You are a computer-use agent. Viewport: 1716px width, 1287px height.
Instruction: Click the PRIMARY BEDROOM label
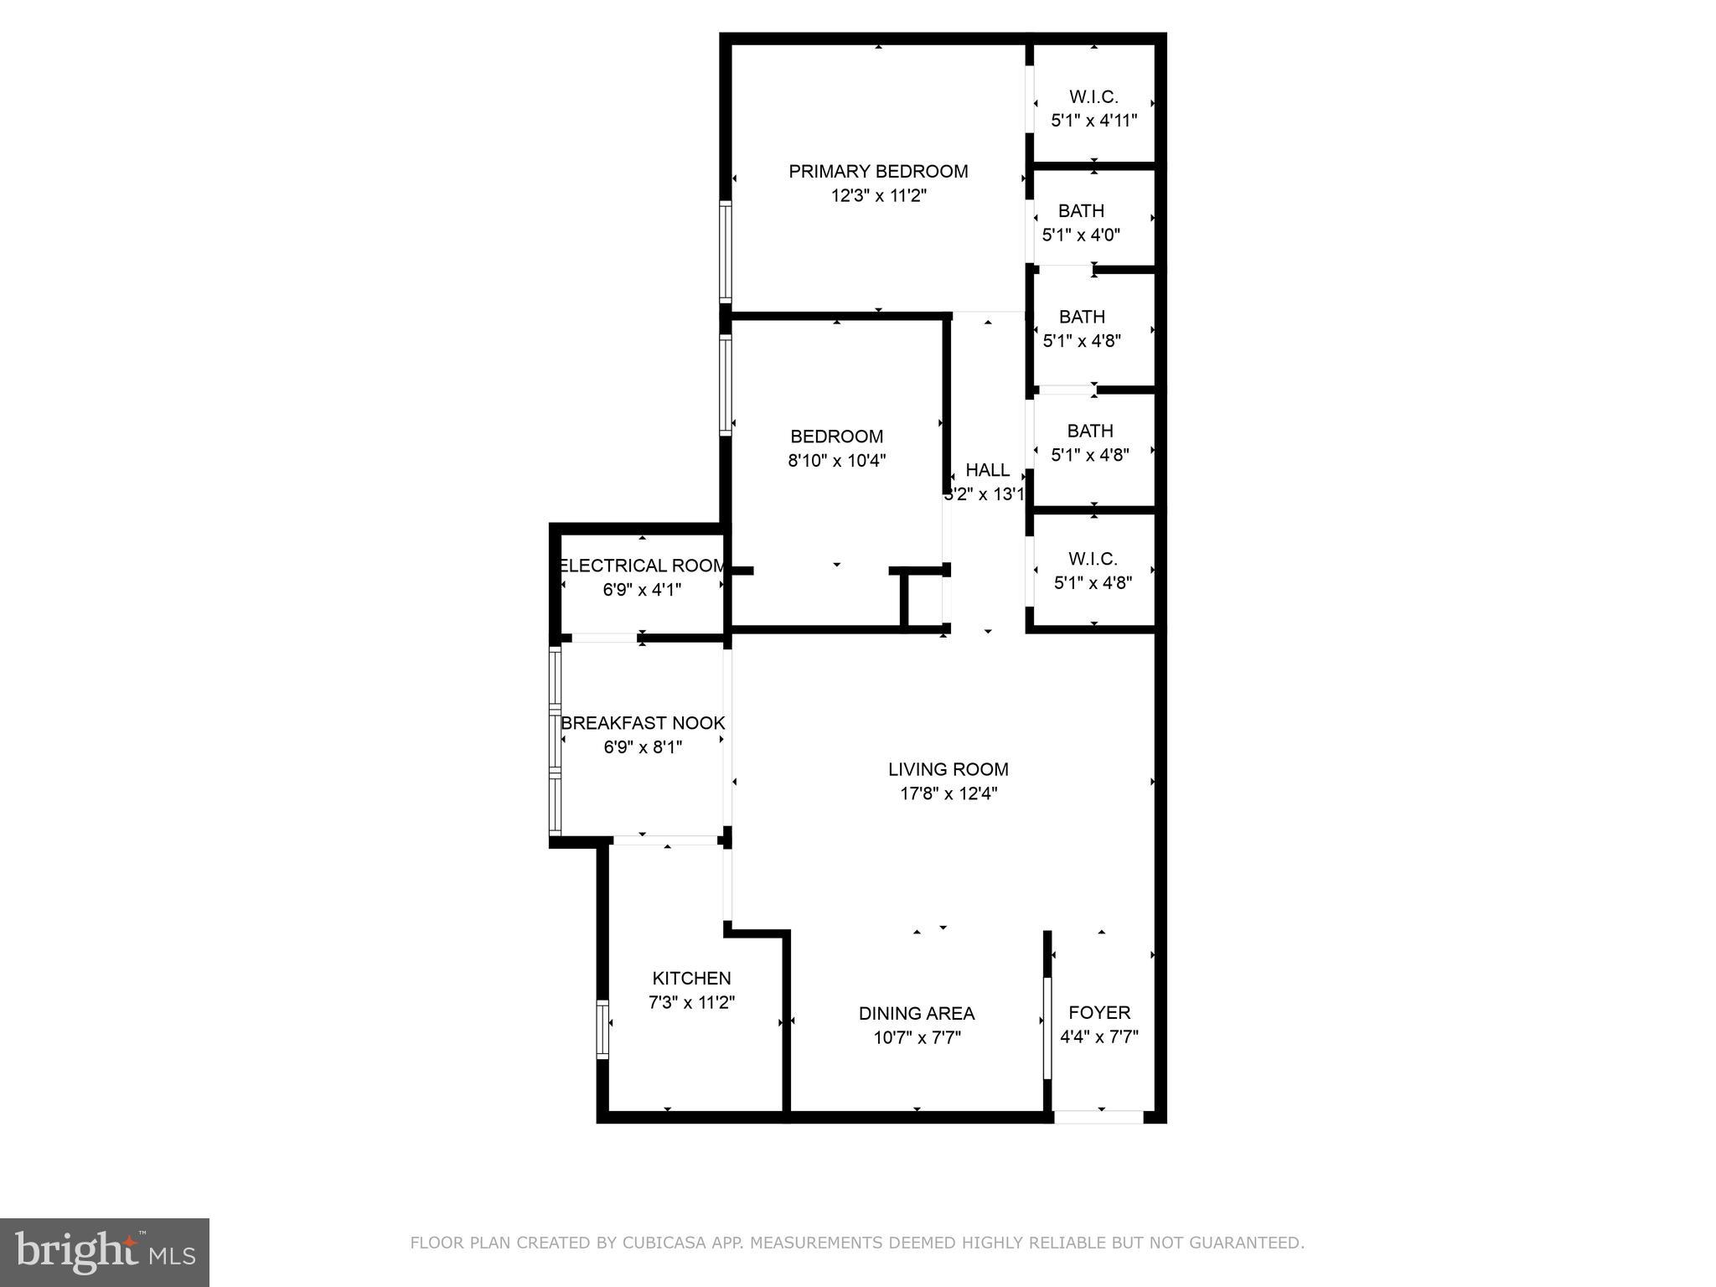tap(877, 172)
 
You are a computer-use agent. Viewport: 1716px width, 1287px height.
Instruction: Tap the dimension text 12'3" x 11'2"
tap(877, 196)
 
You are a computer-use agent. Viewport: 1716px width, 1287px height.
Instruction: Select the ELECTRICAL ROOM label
tap(642, 566)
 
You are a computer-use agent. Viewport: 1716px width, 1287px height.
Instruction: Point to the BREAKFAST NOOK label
tap(642, 723)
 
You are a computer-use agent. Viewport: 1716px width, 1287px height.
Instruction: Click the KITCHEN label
tap(691, 978)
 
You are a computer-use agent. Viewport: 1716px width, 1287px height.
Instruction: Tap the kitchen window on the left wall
tap(602, 1028)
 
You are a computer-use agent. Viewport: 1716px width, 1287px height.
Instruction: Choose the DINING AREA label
tap(916, 1014)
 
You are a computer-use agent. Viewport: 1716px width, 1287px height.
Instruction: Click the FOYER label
tap(1098, 1013)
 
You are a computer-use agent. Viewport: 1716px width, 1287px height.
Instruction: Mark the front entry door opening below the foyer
tap(1098, 1116)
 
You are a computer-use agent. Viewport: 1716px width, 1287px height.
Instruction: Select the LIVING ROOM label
tap(948, 769)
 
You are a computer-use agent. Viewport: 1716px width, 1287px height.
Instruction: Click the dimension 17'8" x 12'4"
tap(948, 793)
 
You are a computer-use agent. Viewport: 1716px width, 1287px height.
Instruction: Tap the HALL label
tap(987, 470)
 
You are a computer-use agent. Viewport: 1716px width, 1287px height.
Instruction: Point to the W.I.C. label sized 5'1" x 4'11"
tap(1093, 97)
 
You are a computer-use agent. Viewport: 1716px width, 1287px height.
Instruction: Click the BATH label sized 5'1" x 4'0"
tap(1081, 211)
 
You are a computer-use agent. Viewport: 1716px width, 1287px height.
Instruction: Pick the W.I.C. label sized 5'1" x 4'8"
tap(1093, 559)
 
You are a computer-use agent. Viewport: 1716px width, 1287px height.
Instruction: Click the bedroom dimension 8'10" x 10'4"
tap(836, 461)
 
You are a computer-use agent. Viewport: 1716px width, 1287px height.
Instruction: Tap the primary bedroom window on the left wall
tap(726, 251)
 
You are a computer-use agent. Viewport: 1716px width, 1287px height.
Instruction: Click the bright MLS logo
tap(104, 1252)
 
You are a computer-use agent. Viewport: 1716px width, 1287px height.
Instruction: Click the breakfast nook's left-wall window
tap(555, 742)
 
